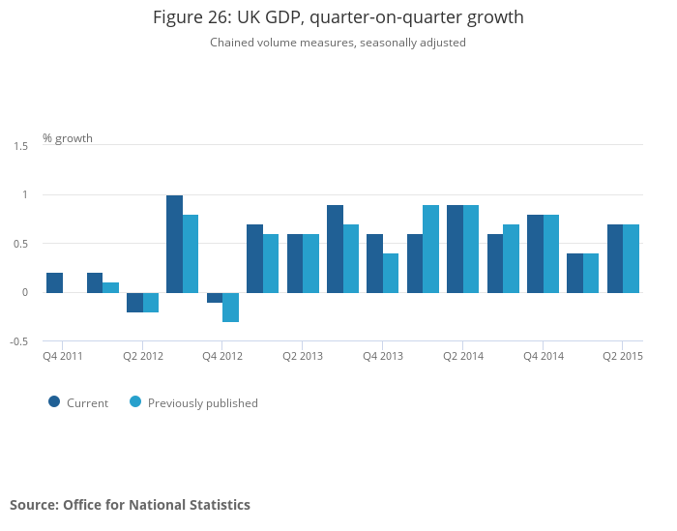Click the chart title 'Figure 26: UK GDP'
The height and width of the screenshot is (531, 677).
pyautogui.click(x=338, y=17)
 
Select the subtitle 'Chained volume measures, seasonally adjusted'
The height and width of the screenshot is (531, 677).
pyautogui.click(x=338, y=43)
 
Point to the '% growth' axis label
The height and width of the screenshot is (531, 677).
pyautogui.click(x=68, y=138)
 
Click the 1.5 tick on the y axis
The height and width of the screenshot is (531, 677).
pyautogui.click(x=20, y=146)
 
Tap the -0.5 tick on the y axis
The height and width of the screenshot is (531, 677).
pyautogui.click(x=19, y=341)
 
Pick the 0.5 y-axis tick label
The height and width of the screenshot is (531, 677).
pyautogui.click(x=20, y=244)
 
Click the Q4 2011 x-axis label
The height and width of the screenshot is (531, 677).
pyautogui.click(x=62, y=357)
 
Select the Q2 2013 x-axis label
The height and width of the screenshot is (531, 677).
pyautogui.click(x=303, y=357)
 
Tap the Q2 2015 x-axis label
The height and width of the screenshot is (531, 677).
pyautogui.click(x=623, y=357)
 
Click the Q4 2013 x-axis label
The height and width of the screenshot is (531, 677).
pyautogui.click(x=383, y=357)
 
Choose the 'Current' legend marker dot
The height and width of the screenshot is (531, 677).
pyautogui.click(x=54, y=402)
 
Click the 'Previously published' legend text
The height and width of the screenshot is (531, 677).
pyautogui.click(x=203, y=403)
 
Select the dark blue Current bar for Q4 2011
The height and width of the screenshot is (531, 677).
pyautogui.click(x=54, y=282)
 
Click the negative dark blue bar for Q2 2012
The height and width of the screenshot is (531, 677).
pyautogui.click(x=134, y=302)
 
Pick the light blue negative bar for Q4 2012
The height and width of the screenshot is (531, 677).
pyautogui.click(x=230, y=307)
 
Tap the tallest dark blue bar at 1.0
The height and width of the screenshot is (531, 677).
pyautogui.click(x=174, y=244)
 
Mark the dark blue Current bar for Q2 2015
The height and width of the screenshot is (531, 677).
pyautogui.click(x=615, y=258)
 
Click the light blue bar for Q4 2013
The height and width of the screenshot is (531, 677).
pyautogui.click(x=391, y=273)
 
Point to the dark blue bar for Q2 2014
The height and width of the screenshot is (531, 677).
pyautogui.click(x=455, y=249)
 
